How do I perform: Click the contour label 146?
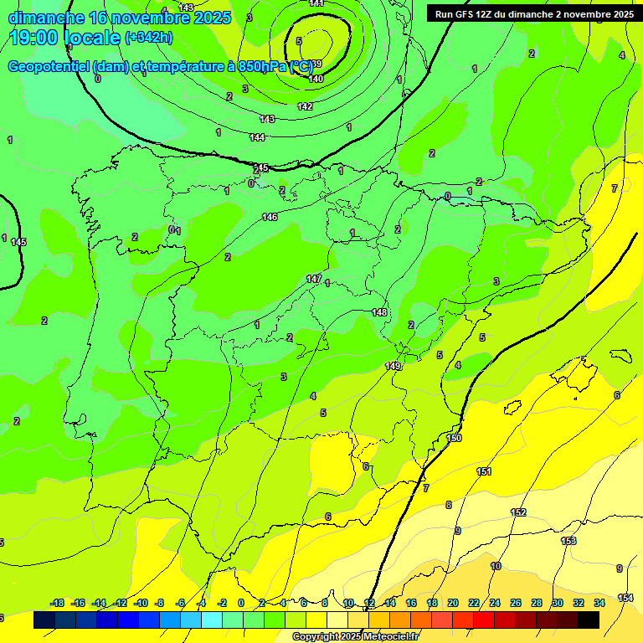(x=270, y=217)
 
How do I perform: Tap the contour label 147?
(x=314, y=278)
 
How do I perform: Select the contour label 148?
(x=379, y=312)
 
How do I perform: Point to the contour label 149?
(x=393, y=366)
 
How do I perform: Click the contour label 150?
(x=454, y=438)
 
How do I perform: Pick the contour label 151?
(x=484, y=472)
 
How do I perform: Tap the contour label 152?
(x=518, y=512)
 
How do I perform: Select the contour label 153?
(x=568, y=541)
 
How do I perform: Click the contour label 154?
(x=625, y=597)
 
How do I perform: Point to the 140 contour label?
(x=316, y=79)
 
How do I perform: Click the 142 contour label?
(x=305, y=106)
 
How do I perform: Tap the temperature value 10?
(x=496, y=566)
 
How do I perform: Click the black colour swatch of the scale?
(x=589, y=620)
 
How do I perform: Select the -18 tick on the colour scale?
(x=57, y=603)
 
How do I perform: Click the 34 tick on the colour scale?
(x=599, y=603)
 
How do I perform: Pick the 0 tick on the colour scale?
(x=241, y=603)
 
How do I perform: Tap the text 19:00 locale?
(x=65, y=37)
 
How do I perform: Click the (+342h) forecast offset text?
(x=148, y=38)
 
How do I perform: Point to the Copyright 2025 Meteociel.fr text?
(x=355, y=636)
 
